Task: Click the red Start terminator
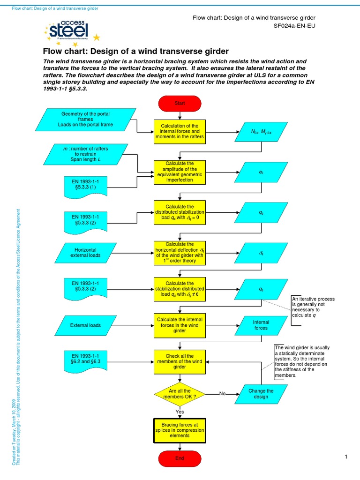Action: click(180, 103)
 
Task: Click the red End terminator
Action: click(180, 458)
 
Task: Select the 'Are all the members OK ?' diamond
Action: click(180, 394)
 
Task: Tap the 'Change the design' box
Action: click(261, 394)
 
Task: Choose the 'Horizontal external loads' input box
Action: click(85, 252)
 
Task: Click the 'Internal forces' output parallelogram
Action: click(261, 325)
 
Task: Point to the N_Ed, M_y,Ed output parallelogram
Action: click(261, 133)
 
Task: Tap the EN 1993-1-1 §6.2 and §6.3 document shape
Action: click(89, 361)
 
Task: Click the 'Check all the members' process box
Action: click(180, 361)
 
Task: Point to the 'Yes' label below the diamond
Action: click(180, 412)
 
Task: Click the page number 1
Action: click(345, 457)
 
